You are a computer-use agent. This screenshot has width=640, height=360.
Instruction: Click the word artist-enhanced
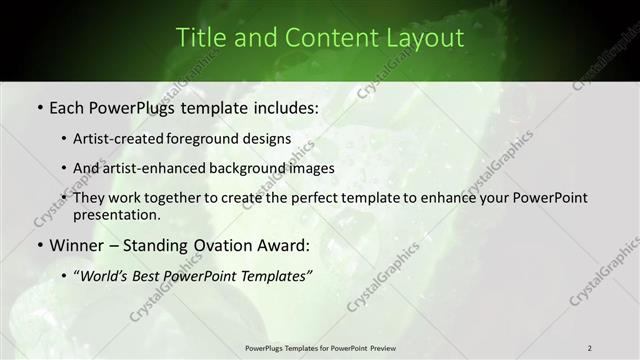[x=156, y=168]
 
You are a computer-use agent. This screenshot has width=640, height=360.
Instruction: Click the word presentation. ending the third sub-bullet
[x=116, y=214]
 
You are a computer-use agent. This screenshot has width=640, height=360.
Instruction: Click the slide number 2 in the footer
[x=589, y=348]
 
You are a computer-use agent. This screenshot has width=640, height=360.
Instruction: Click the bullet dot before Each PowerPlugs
[x=38, y=106]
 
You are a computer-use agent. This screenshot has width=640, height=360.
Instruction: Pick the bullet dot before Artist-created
[x=65, y=139]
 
